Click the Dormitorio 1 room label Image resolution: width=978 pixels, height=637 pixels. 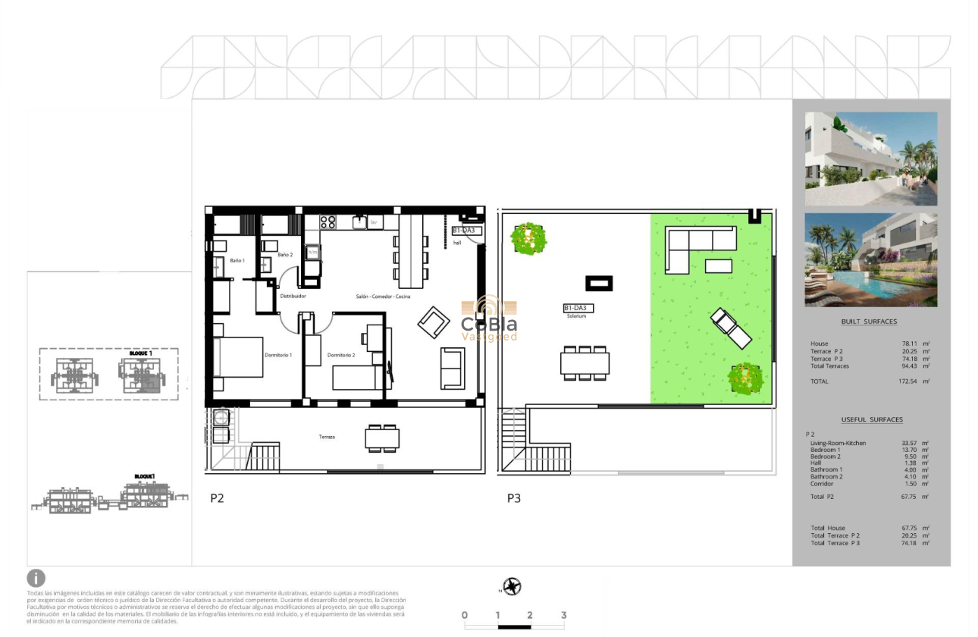[278, 355]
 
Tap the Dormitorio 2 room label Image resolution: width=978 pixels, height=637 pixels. [341, 355]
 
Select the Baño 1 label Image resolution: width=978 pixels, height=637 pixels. [237, 260]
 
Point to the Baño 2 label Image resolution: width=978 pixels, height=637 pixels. [285, 255]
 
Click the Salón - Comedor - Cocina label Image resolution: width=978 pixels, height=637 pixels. [383, 297]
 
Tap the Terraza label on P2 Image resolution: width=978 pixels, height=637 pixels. [327, 437]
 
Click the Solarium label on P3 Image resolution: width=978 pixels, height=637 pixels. [576, 316]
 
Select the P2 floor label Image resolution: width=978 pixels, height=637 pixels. [217, 498]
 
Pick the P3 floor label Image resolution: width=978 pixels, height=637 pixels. [514, 498]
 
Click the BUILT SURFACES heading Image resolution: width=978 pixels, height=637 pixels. [869, 322]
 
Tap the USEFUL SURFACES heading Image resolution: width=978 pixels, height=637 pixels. [872, 419]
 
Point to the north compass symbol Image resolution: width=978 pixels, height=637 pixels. [513, 586]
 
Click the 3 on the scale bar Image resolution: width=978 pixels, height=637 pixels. [563, 615]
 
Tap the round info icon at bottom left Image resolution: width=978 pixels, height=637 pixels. [36, 579]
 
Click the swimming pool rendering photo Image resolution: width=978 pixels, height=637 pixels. [870, 259]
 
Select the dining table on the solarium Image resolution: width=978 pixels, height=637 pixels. [585, 362]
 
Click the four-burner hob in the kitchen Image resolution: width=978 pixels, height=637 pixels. [328, 222]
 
